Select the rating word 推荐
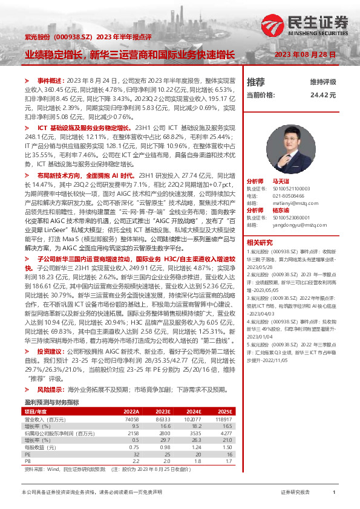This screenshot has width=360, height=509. [x=256, y=82]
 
